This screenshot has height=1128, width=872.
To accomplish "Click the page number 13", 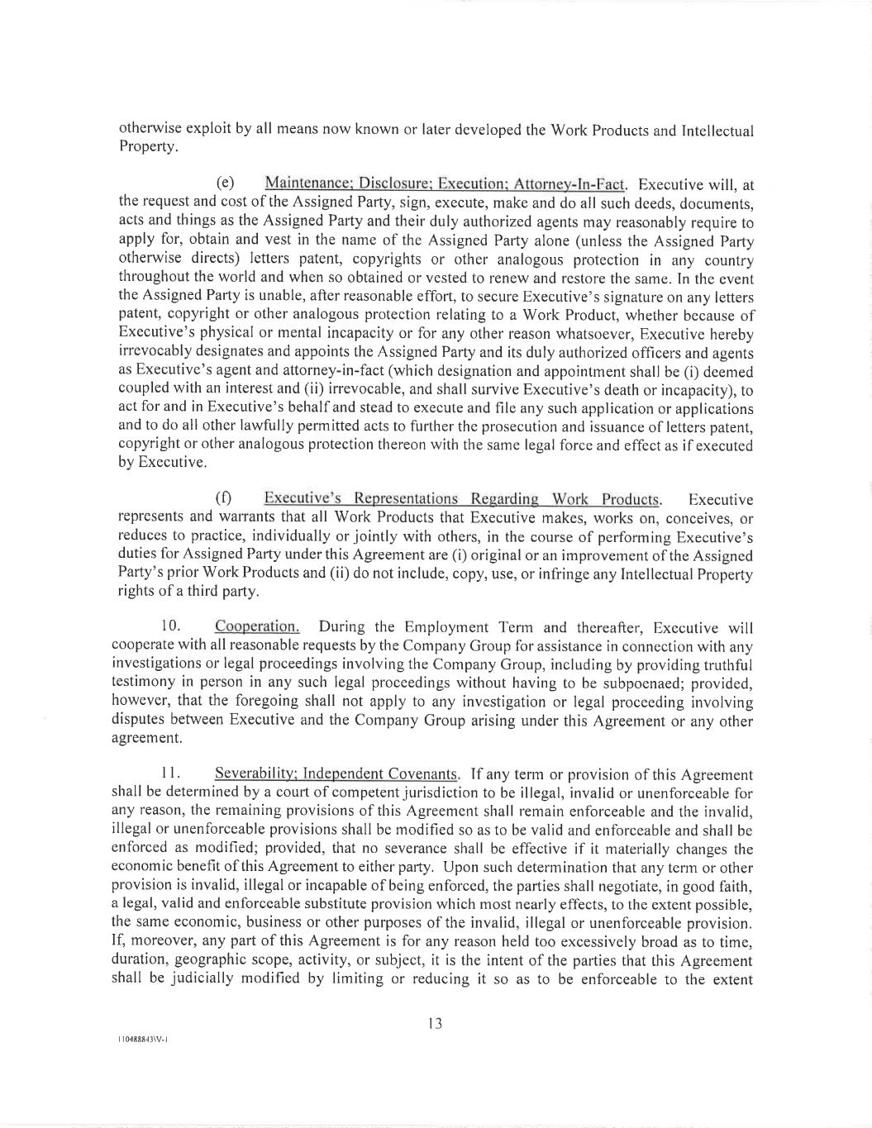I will pos(436,1024).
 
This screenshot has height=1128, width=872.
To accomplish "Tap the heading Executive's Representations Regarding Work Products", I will pos(462,499).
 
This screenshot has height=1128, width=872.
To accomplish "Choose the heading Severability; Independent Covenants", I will pos(336,774).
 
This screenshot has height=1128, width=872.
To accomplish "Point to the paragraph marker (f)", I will pos(223,499).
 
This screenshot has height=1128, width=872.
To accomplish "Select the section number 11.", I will pos(171,774).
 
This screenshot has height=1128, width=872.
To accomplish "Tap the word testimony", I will pos(143,683).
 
